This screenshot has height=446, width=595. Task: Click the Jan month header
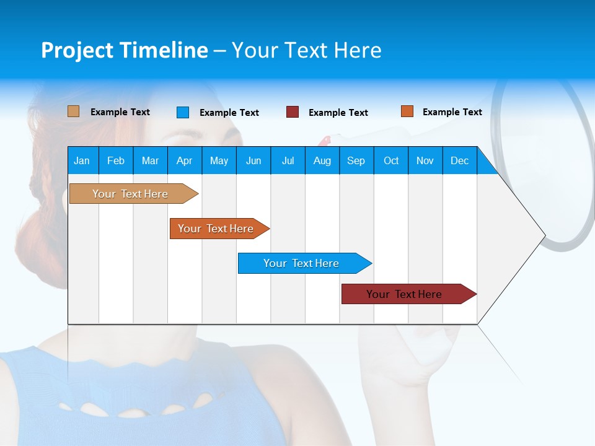pyautogui.click(x=82, y=160)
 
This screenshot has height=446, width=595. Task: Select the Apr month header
pyautogui.click(x=185, y=160)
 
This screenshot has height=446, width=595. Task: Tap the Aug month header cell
pyautogui.click(x=322, y=160)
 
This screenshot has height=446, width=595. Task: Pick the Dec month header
pyautogui.click(x=460, y=160)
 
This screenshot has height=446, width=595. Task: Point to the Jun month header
pyautogui.click(x=253, y=160)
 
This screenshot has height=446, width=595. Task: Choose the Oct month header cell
pyautogui.click(x=391, y=160)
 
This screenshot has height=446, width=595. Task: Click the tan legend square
pyautogui.click(x=73, y=111)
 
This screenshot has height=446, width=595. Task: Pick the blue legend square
pyautogui.click(x=183, y=112)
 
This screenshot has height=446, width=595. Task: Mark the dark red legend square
pyautogui.click(x=293, y=112)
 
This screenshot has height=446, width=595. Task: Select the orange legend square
pyautogui.click(x=407, y=111)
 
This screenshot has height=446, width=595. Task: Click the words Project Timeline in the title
pyautogui.click(x=124, y=50)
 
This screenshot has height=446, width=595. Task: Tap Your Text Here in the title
pyautogui.click(x=306, y=50)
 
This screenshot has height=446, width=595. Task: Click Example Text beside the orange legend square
pyautogui.click(x=452, y=112)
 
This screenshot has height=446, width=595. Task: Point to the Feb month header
pyautogui.click(x=116, y=160)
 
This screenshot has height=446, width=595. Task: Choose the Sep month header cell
pyautogui.click(x=356, y=160)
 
